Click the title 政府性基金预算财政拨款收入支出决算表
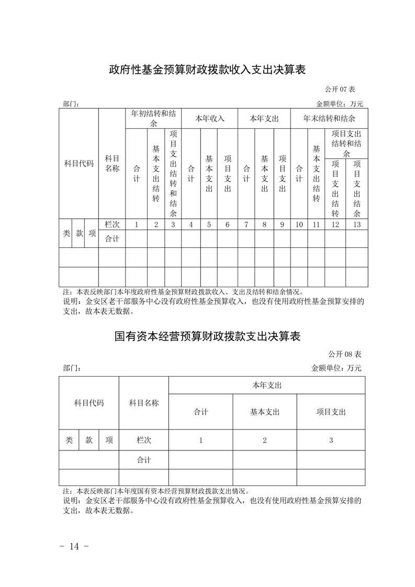pyautogui.click(x=207, y=70)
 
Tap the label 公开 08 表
pyautogui.click(x=345, y=355)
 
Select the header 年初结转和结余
pyautogui.click(x=153, y=118)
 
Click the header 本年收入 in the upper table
pyautogui.click(x=210, y=118)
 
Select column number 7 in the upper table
pyautogui.click(x=246, y=224)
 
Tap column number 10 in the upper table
pyautogui.click(x=299, y=224)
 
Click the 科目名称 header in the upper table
pyautogui.click(x=112, y=163)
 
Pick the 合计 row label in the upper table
pyautogui.click(x=112, y=239)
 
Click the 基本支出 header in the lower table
pyautogui.click(x=265, y=412)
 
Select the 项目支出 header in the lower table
pyautogui.click(x=331, y=412)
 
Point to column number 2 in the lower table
pyautogui.click(x=265, y=441)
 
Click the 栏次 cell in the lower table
pyautogui.click(x=144, y=441)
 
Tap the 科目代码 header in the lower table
pyautogui.click(x=89, y=403)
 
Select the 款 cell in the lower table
pyautogui.click(x=89, y=441)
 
